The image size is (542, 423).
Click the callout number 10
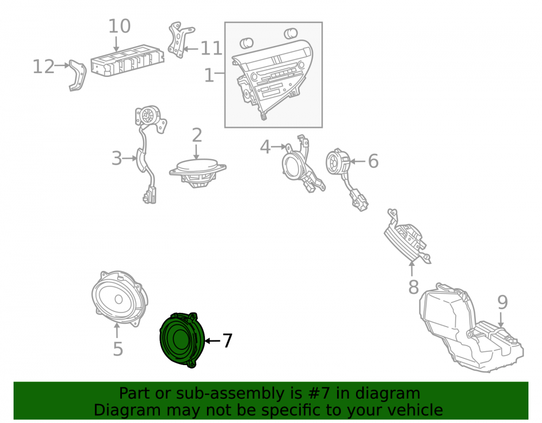click(120, 26)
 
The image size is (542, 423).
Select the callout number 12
click(43, 66)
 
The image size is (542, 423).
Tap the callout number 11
click(211, 48)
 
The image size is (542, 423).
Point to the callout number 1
click(209, 75)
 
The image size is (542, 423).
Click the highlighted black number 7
click(227, 341)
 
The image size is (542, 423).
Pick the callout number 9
click(502, 302)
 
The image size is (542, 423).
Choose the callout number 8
click(414, 287)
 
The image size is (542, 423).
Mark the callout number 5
click(118, 349)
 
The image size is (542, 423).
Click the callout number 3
click(117, 158)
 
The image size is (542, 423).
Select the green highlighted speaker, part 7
click(182, 340)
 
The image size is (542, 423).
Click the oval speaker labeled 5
click(119, 298)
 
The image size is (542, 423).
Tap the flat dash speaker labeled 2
click(197, 173)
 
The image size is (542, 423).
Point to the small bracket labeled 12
click(78, 76)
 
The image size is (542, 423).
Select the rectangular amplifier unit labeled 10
click(127, 61)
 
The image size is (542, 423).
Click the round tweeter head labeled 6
click(338, 162)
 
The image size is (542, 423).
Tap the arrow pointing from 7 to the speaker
click(212, 341)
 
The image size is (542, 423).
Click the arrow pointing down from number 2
click(196, 152)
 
